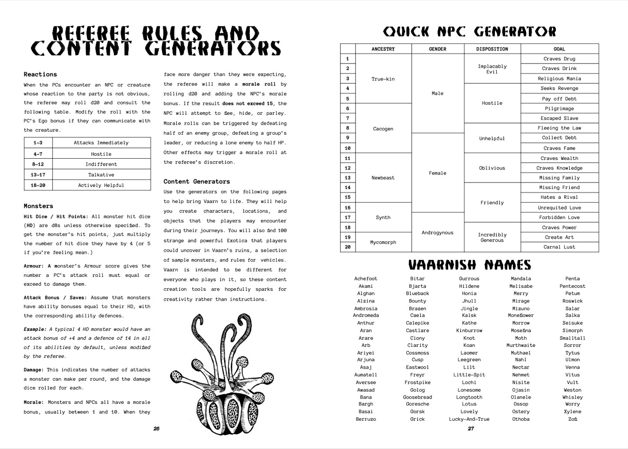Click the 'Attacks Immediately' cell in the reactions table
[101, 143]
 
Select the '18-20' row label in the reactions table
[38, 185]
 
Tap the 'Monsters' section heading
[38, 206]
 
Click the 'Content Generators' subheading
[196, 182]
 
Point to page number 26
[156, 429]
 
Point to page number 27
[471, 429]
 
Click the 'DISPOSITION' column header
[492, 49]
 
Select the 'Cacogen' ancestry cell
[383, 129]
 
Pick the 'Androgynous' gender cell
[437, 233]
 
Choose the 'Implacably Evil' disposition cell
[492, 69]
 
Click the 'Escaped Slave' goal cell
[559, 118]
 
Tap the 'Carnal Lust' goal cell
[559, 247]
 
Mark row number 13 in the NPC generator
[348, 178]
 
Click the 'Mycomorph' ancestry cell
[383, 242]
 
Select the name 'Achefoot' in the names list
[366, 279]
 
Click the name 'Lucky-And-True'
[469, 419]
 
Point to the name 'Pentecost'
[572, 286]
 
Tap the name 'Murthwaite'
[521, 345]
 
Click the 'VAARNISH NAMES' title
[469, 265]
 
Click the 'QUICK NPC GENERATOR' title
[469, 32]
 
